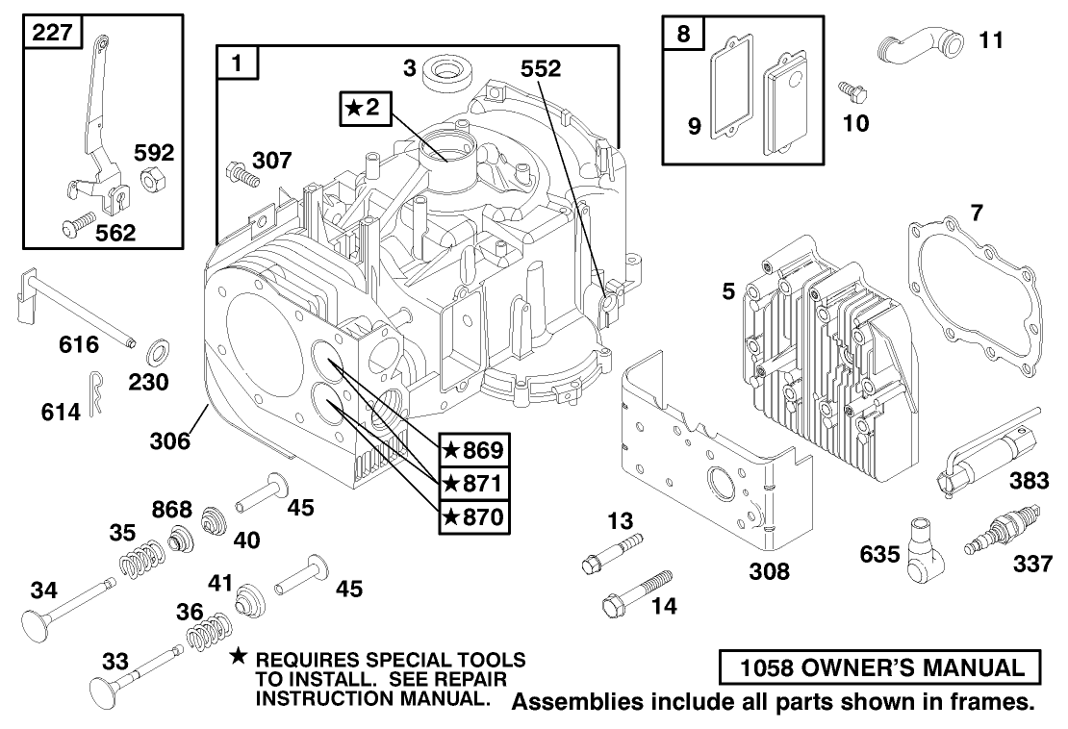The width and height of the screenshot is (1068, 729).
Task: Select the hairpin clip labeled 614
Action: (x=97, y=393)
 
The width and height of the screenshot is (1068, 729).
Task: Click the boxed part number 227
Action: (x=51, y=32)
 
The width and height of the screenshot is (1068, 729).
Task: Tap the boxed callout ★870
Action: (x=472, y=516)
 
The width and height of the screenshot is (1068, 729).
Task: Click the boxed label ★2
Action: (x=366, y=109)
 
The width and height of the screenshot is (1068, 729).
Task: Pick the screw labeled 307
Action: (x=241, y=174)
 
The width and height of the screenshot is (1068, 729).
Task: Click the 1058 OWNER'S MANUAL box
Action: (x=878, y=667)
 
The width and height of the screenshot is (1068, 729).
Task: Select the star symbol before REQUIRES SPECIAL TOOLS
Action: (x=239, y=657)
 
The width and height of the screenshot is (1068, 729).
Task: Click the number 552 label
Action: (x=542, y=68)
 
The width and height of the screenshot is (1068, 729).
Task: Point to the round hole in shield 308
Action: (x=720, y=485)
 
